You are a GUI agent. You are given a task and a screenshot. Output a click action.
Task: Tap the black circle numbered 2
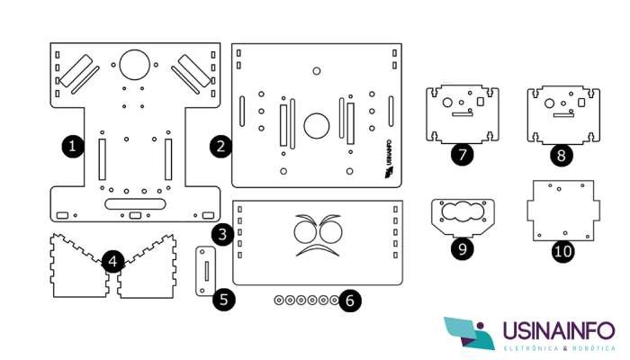point(219,145)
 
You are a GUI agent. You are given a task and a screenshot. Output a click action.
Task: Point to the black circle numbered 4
point(112,262)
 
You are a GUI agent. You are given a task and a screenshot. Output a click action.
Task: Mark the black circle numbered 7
point(463,154)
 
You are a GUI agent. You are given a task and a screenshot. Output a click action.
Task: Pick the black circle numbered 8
point(562,155)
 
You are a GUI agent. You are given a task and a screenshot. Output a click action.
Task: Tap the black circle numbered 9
point(462,248)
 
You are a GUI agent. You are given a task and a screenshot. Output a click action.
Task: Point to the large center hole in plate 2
point(316,125)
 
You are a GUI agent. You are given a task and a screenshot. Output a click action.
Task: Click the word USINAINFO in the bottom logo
point(558,329)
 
